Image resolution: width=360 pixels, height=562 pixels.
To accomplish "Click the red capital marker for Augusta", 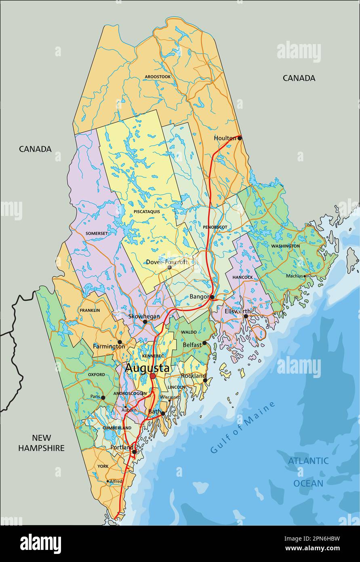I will (153, 376).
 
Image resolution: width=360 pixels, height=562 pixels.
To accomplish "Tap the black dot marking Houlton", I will (240, 138).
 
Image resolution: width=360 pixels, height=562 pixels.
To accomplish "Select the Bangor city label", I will (199, 297).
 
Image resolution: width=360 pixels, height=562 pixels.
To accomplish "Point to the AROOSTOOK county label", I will (158, 76).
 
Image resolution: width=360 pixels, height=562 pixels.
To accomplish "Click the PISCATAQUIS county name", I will (147, 211).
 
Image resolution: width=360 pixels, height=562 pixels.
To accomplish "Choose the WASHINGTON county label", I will (285, 246).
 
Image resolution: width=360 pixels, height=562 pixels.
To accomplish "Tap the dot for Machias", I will (305, 276).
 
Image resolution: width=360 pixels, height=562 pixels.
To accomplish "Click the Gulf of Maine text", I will (243, 427).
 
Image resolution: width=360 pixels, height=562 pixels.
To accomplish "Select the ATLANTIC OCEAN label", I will (308, 472).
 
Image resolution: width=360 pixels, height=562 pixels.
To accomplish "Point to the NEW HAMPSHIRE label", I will (41, 443).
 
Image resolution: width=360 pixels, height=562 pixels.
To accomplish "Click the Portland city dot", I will (134, 452).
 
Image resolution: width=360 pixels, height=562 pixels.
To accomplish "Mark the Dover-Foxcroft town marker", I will (169, 267).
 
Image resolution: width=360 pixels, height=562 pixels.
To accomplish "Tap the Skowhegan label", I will (144, 316).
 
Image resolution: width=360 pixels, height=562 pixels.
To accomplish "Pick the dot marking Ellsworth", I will (246, 316).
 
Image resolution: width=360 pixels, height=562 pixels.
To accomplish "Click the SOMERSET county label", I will (97, 233).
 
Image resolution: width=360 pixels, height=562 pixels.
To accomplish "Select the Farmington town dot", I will (120, 342).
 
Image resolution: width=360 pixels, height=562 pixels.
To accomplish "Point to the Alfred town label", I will (116, 481).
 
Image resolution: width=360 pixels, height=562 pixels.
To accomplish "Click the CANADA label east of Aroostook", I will (299, 78).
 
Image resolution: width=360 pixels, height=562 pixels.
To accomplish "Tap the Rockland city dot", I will (205, 380).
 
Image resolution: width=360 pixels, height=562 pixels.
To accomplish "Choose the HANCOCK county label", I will (242, 277).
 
